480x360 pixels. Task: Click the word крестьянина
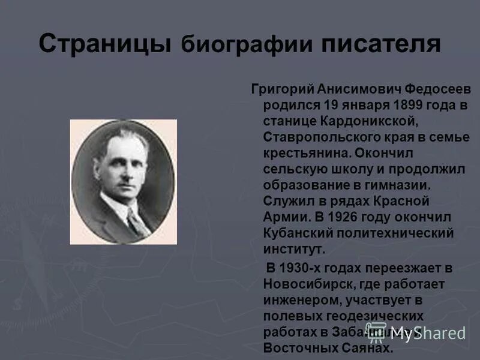tap(305, 154)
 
